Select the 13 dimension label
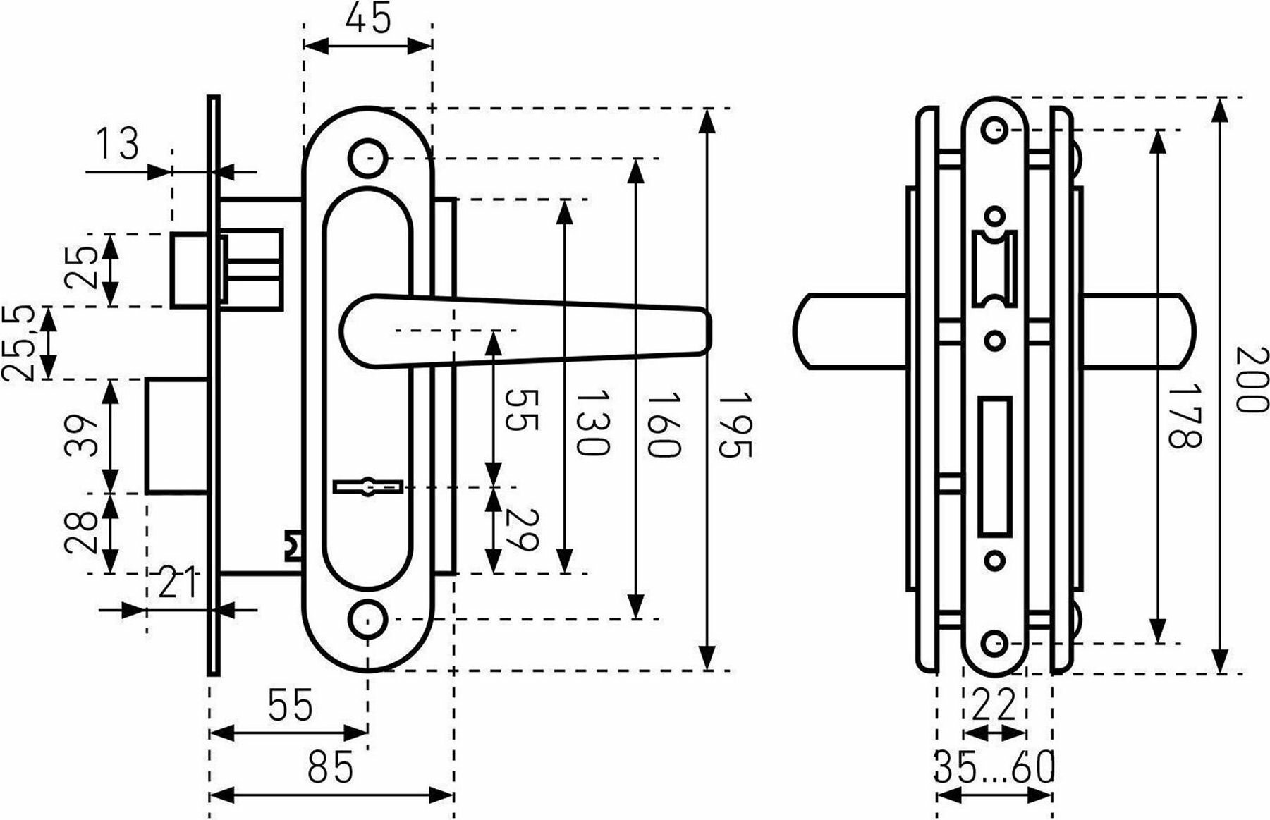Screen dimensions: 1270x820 pos(117,145)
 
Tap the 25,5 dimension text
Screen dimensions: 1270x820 pos(20,343)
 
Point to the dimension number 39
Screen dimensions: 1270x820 pos(83,436)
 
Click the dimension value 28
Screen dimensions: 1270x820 pos(83,532)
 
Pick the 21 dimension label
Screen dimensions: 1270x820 pos(176,582)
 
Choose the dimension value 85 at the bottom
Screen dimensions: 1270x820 pos(331,766)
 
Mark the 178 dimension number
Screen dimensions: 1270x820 pos(1183,415)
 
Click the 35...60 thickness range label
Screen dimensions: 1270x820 pos(994,768)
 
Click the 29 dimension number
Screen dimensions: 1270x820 pos(523,530)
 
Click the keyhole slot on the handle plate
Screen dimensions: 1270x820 pos(368,487)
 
